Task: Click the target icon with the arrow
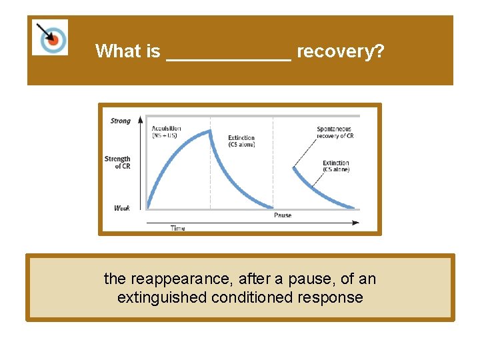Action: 50,37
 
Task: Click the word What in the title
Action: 117,51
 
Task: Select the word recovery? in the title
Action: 340,51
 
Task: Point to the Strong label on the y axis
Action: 120,121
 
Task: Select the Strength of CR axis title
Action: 117,162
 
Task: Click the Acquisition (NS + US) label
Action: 166,132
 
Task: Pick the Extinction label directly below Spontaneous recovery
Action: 335,166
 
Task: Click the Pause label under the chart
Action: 282,215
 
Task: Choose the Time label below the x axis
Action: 177,228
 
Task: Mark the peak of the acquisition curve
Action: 209,131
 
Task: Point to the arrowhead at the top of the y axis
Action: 140,120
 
